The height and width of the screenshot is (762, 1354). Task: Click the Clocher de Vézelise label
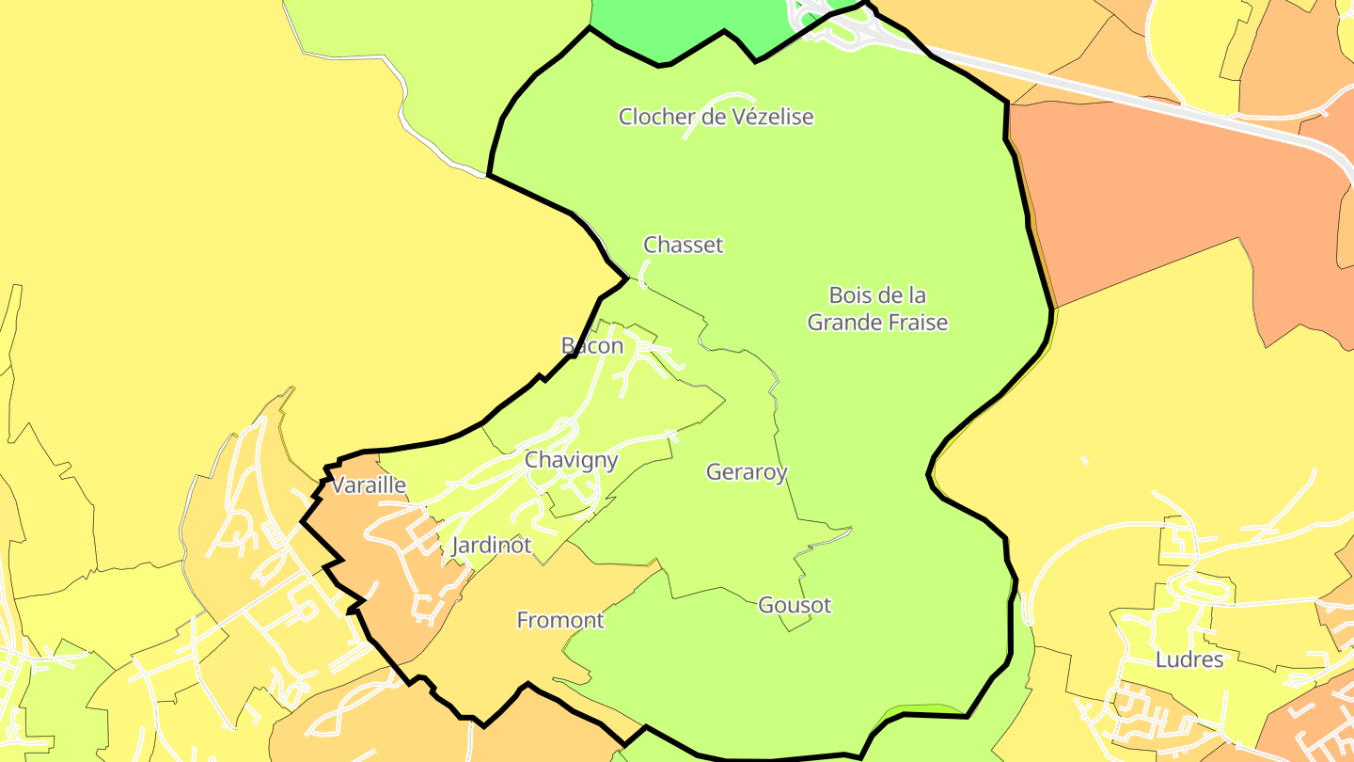click(x=716, y=117)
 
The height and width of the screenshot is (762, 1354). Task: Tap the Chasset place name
click(x=684, y=245)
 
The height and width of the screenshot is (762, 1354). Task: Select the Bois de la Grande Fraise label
click(x=877, y=309)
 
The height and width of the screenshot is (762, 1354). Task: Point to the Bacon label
click(x=592, y=346)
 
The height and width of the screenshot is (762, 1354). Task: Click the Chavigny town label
click(x=571, y=460)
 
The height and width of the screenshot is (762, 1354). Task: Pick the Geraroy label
click(x=747, y=472)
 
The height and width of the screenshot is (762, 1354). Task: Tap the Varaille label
click(x=369, y=485)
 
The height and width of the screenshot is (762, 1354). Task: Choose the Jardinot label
click(x=491, y=546)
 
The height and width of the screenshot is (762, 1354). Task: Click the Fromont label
click(x=560, y=621)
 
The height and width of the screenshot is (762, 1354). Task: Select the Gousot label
click(x=795, y=605)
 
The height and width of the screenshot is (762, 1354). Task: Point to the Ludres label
click(x=1189, y=659)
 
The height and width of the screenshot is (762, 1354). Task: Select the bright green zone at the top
click(x=686, y=24)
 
